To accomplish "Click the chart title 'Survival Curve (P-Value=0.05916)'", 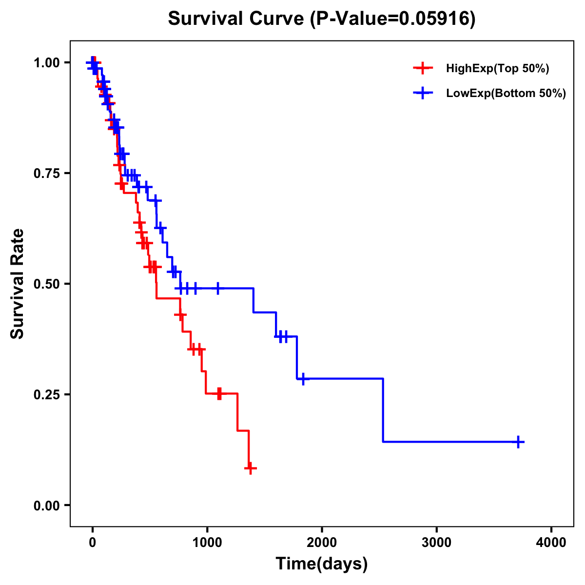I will tap(321, 19).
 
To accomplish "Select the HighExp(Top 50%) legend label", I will tap(497, 69).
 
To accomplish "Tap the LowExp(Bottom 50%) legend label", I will tap(506, 94).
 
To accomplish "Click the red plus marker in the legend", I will tap(423, 68).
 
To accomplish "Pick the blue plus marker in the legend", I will tap(423, 93).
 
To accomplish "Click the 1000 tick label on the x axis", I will tap(207, 543).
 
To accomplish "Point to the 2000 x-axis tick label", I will tap(322, 543).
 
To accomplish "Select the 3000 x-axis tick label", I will tap(436, 543).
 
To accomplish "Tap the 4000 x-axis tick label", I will tap(551, 543).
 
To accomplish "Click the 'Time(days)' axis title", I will tap(321, 564).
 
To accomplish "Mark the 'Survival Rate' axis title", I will tap(18, 284).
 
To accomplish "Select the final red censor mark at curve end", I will tap(250, 468).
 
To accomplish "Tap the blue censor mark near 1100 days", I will tap(218, 288).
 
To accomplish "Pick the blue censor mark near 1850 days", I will tap(303, 379).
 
